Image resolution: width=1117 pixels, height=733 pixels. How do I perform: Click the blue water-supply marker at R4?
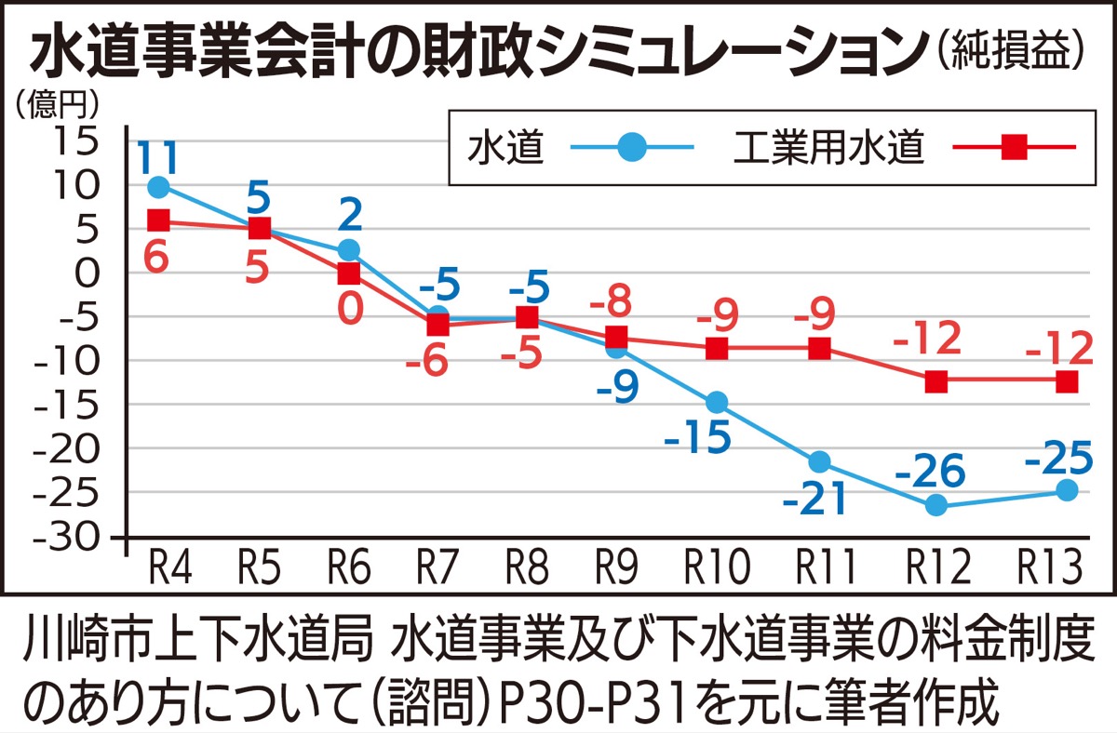[159, 187]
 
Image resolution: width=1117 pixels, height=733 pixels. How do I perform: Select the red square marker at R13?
[1067, 381]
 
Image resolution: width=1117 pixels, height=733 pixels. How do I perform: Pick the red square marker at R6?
[349, 273]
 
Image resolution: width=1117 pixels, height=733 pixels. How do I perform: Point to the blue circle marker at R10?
[717, 402]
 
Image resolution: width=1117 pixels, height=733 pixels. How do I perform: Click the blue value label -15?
[698, 438]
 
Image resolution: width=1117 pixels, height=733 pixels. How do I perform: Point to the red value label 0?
[349, 309]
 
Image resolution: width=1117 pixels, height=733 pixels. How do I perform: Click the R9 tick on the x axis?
[617, 566]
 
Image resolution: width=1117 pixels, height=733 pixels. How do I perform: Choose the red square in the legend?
[1014, 147]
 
